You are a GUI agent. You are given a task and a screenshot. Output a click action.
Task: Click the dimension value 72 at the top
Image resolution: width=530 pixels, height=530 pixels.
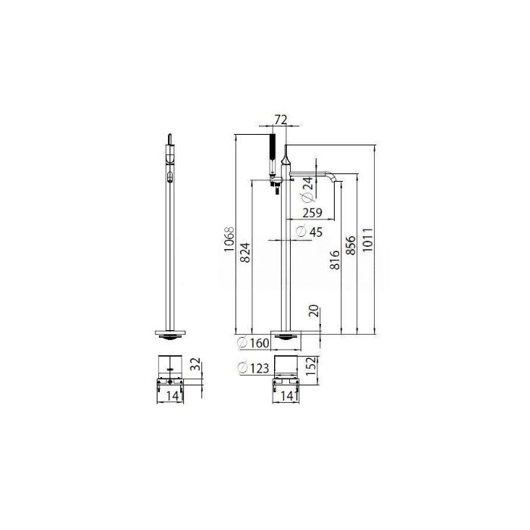pyautogui.click(x=281, y=120)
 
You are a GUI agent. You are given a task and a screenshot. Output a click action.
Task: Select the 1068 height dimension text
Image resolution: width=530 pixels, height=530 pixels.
pyautogui.click(x=229, y=239)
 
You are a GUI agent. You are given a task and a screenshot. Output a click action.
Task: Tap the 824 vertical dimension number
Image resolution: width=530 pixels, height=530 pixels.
pyautogui.click(x=245, y=252)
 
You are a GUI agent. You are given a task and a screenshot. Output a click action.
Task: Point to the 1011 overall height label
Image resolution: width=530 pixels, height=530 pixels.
pyautogui.click(x=368, y=240)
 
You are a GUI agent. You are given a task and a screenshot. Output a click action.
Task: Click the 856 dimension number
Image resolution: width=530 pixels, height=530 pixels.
pyautogui.click(x=351, y=245)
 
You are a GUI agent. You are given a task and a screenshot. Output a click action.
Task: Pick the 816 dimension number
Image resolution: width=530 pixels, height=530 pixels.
pyautogui.click(x=335, y=260)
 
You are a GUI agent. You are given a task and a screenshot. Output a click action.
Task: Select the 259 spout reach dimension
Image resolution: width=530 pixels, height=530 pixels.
pyautogui.click(x=312, y=213)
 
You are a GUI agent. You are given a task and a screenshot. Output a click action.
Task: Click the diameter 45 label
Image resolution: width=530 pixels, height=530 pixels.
pyautogui.click(x=309, y=232)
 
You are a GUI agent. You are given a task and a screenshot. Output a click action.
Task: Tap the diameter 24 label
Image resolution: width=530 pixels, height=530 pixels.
pyautogui.click(x=307, y=189)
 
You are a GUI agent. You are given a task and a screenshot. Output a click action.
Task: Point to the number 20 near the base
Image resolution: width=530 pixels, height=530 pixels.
pyautogui.click(x=314, y=310)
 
